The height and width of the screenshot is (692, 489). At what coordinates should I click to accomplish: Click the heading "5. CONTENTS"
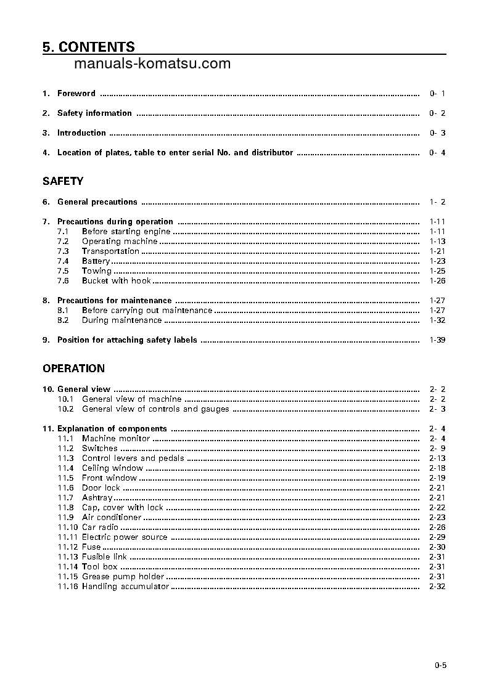pos(89,47)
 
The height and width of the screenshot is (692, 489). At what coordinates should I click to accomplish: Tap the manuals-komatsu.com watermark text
pos(152,63)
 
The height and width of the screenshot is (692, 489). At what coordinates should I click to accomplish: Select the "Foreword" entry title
pos(76,94)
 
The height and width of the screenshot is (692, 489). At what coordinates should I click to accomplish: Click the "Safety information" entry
pos(94,113)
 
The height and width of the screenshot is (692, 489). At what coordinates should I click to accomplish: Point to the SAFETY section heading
pos(63,181)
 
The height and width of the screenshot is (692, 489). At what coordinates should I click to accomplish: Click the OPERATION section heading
pos(73,368)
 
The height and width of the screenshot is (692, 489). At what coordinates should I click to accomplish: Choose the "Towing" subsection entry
pos(97,271)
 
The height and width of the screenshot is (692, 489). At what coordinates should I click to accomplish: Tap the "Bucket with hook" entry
pos(116,281)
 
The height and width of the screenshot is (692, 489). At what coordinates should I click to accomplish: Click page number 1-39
pos(437,340)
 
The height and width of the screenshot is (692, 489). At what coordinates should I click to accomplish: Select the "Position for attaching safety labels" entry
pos(127,340)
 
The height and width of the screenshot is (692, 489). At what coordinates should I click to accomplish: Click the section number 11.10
pos(68,527)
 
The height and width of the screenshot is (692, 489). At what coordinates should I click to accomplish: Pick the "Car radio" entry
pos(100,527)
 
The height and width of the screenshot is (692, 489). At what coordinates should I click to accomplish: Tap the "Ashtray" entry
pos(97,498)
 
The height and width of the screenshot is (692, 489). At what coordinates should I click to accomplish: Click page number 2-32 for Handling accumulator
pos(437,587)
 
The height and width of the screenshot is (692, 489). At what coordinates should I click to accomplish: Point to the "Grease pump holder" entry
pos(123,577)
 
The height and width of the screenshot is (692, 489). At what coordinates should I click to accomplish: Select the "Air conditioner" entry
pos(112,518)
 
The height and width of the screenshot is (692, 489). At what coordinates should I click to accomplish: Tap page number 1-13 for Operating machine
pos(437,242)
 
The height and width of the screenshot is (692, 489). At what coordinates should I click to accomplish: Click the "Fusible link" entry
pos(104,557)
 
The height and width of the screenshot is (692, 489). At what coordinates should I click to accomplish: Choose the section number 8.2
pos(63,320)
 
